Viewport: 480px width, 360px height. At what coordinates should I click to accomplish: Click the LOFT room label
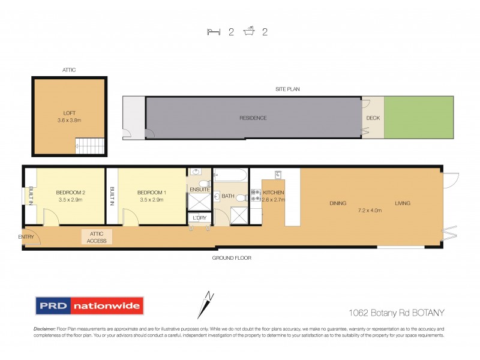[70, 112]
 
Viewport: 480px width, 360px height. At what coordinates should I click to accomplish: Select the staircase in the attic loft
[89, 145]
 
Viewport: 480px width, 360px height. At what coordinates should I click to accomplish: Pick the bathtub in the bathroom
[230, 176]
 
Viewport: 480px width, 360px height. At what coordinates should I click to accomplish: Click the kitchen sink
[278, 175]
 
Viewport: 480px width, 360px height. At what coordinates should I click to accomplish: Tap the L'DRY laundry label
[199, 217]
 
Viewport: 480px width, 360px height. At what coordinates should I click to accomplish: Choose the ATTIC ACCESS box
[97, 238]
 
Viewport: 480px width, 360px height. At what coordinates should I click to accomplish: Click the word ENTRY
[26, 236]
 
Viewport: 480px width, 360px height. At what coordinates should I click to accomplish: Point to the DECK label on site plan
[373, 118]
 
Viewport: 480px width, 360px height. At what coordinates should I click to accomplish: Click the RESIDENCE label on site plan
[253, 118]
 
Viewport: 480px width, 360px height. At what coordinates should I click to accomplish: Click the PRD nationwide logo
[89, 306]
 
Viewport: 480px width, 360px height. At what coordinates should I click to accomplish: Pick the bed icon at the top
[214, 32]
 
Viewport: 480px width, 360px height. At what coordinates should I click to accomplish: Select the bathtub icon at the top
[248, 32]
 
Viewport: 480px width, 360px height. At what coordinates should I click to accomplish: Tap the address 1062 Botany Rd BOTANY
[396, 312]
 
